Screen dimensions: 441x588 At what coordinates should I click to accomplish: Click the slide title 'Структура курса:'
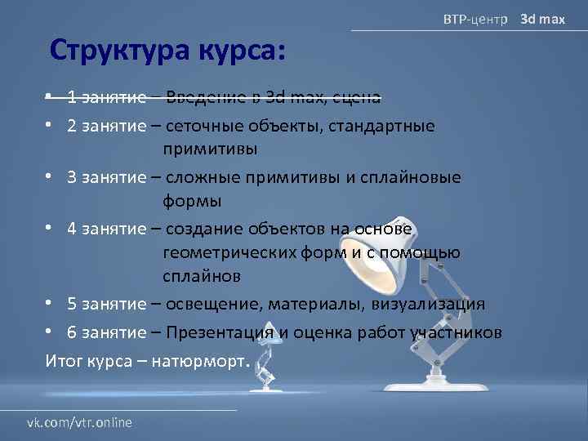167,51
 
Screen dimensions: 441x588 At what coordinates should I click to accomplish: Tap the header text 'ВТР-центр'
474,18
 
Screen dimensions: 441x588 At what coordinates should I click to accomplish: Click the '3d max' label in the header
543,18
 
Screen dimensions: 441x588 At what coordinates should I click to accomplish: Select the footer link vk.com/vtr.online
79,421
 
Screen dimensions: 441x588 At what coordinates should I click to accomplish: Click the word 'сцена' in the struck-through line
358,98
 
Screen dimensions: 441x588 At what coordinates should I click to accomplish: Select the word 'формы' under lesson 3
192,200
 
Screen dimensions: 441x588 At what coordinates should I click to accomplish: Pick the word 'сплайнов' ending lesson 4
202,276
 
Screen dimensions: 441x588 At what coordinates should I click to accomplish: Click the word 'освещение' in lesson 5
207,304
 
